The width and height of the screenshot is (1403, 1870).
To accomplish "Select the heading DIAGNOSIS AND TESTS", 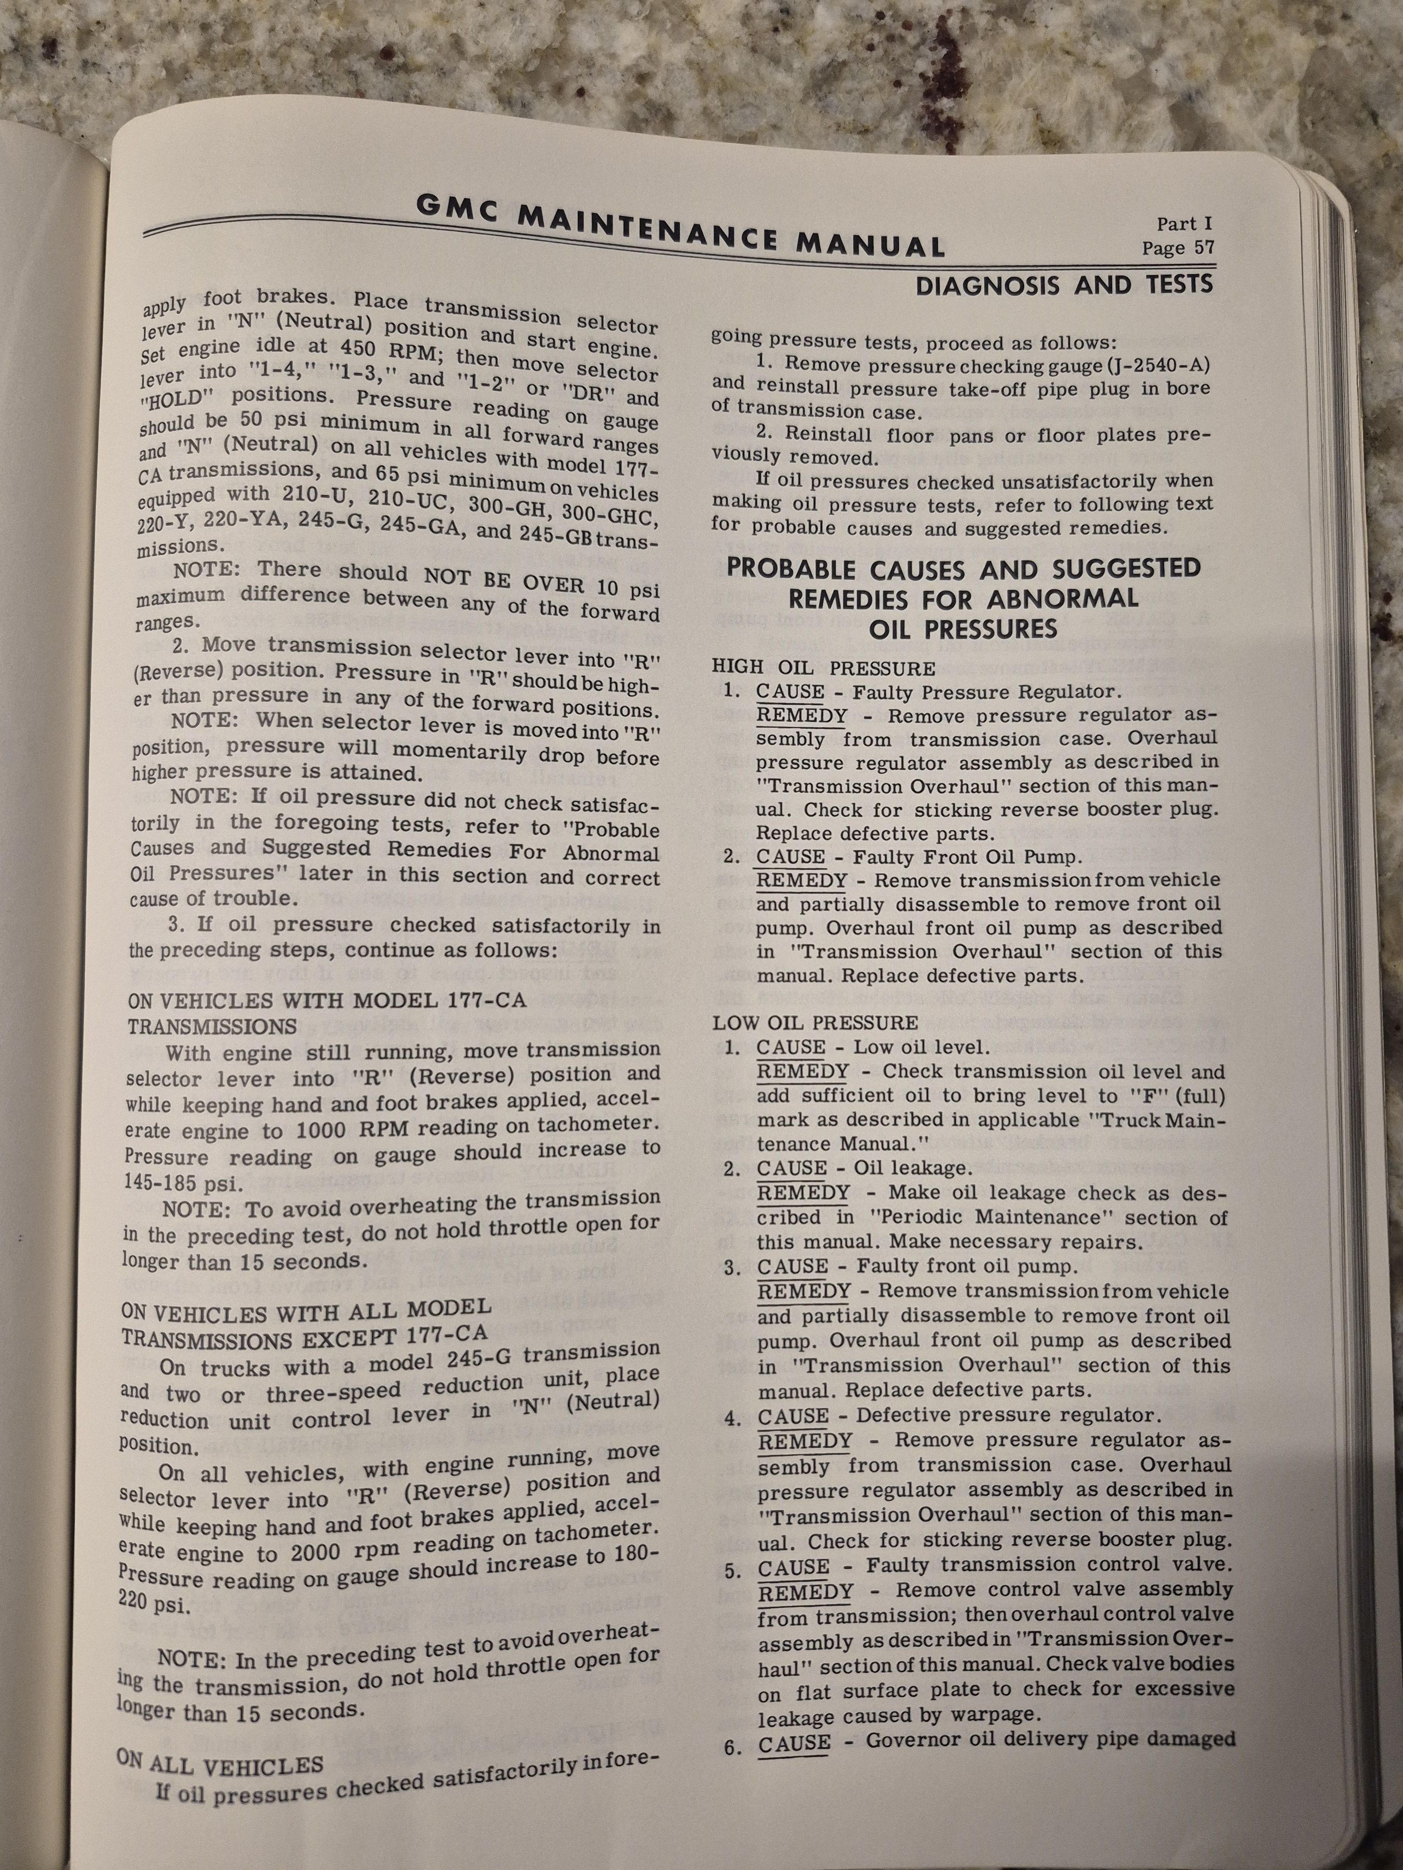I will (1064, 285).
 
